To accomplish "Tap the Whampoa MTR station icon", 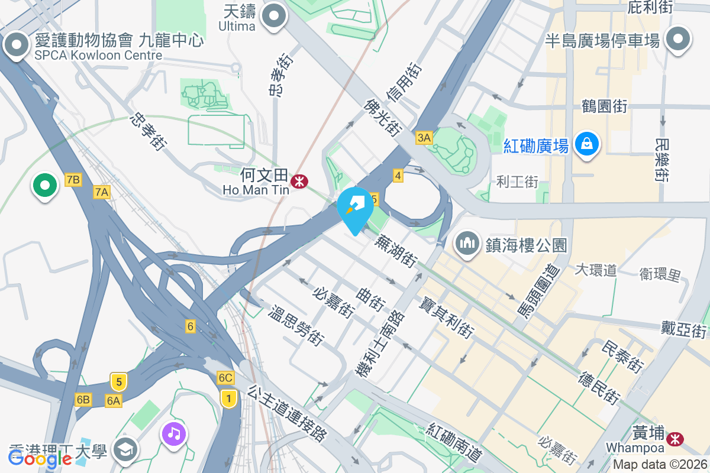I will pos(673,439).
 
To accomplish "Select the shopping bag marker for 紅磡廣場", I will pos(586,144).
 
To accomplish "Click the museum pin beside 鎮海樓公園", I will pos(467,243).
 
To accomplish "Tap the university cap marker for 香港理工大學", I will pos(125,450).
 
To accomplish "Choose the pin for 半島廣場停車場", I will pos(678,39).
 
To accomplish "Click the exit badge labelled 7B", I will pos(73,180).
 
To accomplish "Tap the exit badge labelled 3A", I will pos(424,138).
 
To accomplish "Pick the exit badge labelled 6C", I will pos(225,378).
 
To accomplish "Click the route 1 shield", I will pos(228,399).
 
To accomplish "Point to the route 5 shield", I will pos(118,382).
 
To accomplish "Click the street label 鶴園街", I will pos(604,106).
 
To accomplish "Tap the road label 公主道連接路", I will pos(288,413).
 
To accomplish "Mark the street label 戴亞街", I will pos(684,329).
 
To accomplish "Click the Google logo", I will pos(40,458).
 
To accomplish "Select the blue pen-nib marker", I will pos(356,207).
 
